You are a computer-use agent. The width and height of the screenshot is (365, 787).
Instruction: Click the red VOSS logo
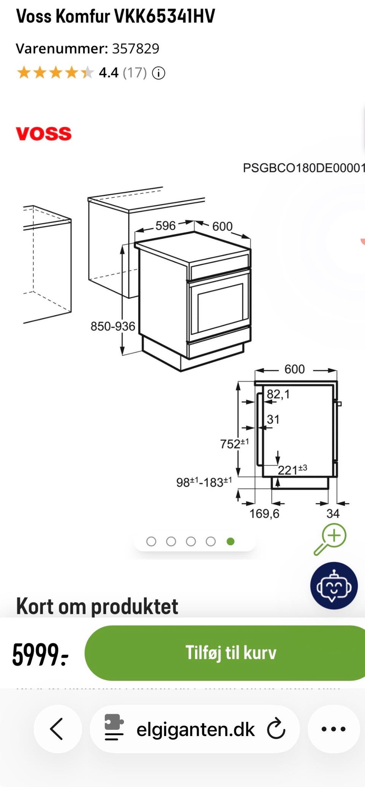44,134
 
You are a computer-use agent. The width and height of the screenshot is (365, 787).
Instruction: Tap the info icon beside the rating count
159,73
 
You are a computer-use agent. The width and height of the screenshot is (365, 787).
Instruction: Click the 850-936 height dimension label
113,326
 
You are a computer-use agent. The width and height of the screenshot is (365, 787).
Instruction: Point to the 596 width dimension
165,226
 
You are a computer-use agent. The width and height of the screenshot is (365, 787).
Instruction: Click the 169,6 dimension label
264,514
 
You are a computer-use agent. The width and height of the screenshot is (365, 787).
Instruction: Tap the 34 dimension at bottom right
333,514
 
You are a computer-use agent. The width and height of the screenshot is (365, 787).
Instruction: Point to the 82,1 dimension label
278,394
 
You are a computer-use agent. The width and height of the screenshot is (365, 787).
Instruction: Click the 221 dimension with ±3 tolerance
292,470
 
